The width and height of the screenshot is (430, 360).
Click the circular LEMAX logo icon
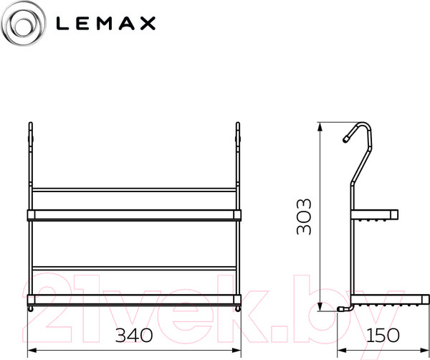click(x=24, y=24)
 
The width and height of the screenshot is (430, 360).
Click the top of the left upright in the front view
click(x=31, y=130)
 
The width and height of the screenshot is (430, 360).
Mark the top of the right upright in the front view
click(x=239, y=130)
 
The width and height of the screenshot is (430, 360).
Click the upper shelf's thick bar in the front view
click(x=135, y=214)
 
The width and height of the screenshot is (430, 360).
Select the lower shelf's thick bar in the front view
click(x=135, y=297)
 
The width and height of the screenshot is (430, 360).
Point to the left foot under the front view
click(x=32, y=308)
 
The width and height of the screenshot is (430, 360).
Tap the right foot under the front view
click(x=238, y=308)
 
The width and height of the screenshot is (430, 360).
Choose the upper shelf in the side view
click(x=376, y=214)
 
